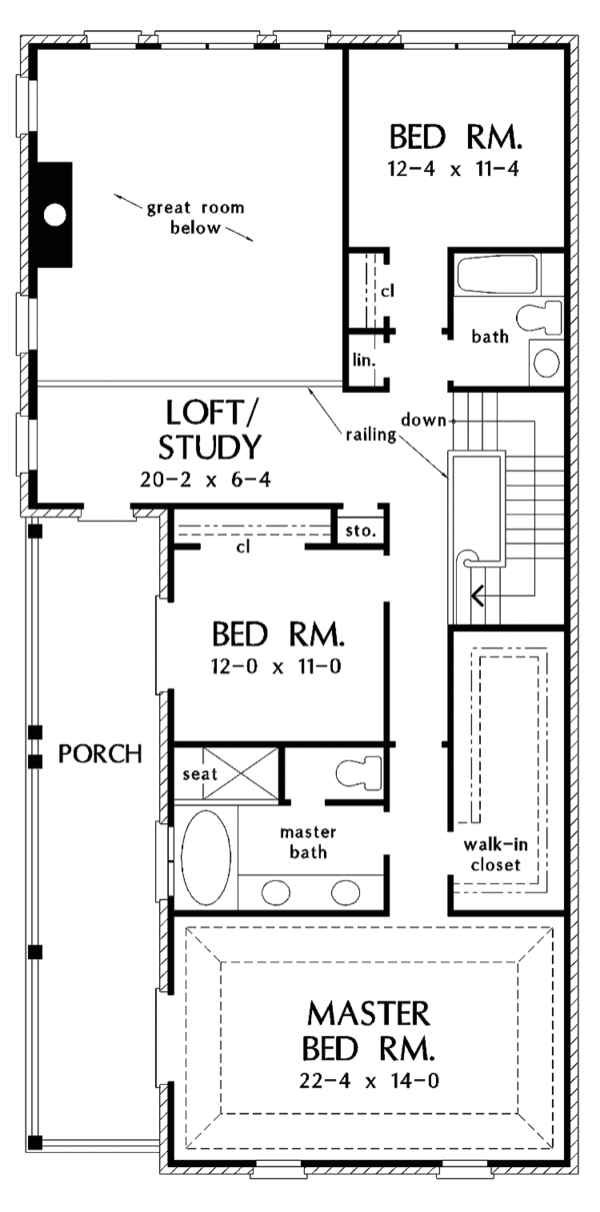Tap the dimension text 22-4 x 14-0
[x=369, y=1079]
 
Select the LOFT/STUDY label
[x=211, y=427]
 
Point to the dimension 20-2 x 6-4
[x=207, y=480]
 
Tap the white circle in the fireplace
[x=56, y=214]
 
